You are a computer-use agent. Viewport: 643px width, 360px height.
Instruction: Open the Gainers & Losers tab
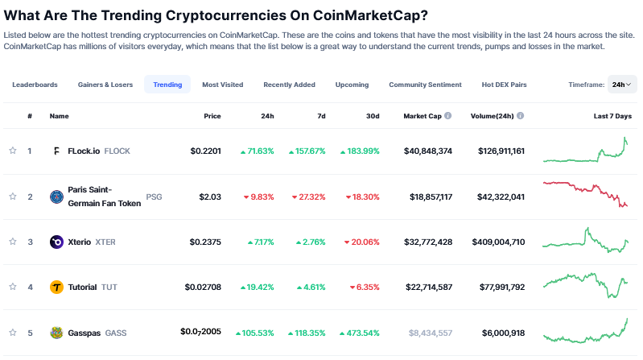coord(105,85)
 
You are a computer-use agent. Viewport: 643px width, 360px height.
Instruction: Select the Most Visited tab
coord(223,85)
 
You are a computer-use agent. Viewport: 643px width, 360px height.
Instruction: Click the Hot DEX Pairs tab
coord(504,85)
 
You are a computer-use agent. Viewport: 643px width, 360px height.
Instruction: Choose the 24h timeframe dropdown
coord(622,84)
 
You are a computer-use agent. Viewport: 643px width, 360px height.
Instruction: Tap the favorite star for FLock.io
coord(13,151)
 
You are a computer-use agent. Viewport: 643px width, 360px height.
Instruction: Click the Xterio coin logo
coord(56,242)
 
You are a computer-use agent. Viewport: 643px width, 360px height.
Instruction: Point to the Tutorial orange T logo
coord(56,287)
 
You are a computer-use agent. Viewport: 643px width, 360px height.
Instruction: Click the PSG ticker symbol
coord(155,197)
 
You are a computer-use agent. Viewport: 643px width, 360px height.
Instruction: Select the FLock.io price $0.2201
coord(205,151)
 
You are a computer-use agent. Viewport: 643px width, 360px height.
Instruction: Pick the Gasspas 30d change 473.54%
coord(360,333)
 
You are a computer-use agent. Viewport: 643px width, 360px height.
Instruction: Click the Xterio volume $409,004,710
coord(498,242)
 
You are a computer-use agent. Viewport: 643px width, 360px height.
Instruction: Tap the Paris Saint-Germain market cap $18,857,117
coord(431,197)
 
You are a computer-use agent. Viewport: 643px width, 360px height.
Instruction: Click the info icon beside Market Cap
coord(447,116)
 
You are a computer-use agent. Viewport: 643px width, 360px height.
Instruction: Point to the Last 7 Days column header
coord(612,116)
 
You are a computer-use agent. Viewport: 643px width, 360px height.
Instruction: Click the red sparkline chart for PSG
coord(585,194)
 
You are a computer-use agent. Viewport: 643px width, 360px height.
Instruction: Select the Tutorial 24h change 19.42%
coord(257,288)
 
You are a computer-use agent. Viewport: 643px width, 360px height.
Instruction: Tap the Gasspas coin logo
coord(56,333)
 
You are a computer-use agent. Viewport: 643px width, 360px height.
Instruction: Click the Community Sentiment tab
coord(425,85)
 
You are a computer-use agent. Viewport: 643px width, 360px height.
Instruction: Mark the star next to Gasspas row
coord(13,332)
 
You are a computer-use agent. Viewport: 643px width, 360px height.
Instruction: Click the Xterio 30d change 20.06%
coord(361,242)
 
